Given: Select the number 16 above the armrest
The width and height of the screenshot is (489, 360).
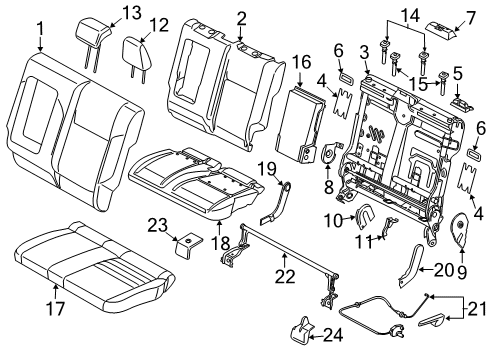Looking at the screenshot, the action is (302, 62).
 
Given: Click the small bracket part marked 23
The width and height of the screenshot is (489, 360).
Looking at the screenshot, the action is (188, 246).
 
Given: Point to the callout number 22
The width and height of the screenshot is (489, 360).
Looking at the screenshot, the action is (285, 276).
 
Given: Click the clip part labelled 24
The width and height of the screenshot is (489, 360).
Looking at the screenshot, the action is (301, 329).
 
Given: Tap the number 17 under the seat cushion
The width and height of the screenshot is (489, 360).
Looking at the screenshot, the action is (55, 308).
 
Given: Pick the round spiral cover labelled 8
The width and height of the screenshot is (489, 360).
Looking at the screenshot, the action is (331, 152).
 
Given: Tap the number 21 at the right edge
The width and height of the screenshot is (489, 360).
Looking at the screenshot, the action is (477, 309).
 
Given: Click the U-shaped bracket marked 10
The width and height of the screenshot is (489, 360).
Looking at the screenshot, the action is (364, 217).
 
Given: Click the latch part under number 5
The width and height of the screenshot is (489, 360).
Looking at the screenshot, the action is (461, 103).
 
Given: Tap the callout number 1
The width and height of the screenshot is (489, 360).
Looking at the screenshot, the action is (40, 29).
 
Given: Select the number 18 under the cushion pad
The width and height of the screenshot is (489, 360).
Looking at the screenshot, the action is (220, 244).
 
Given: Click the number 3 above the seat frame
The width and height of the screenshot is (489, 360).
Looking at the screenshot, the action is (364, 53).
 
